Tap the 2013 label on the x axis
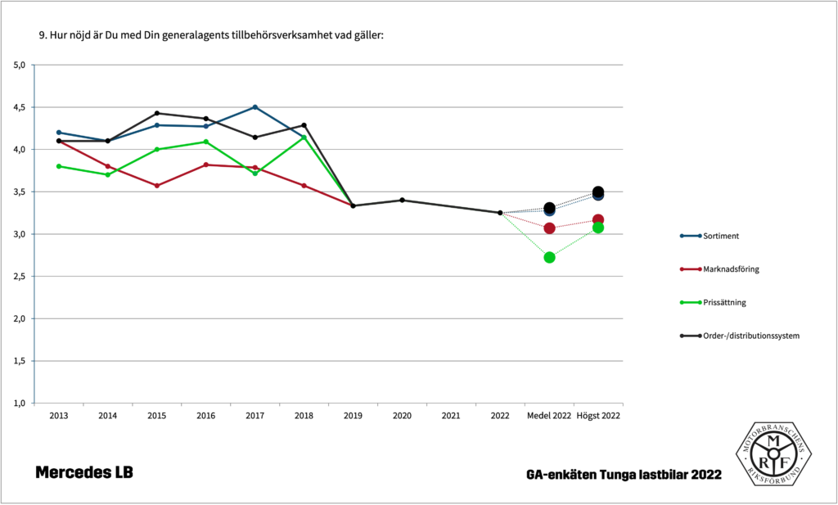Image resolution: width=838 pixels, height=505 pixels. click(x=59, y=416)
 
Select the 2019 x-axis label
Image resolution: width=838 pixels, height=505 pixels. click(x=353, y=416)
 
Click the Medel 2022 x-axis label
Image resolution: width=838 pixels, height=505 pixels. click(x=549, y=416)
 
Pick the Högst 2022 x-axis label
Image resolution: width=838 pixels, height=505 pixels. click(x=598, y=416)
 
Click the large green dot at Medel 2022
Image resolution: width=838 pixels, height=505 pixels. click(x=549, y=257)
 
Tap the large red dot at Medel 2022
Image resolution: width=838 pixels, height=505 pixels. click(x=549, y=228)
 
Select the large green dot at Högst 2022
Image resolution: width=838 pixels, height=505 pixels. click(x=598, y=228)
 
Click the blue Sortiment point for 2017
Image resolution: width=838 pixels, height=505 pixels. click(x=255, y=107)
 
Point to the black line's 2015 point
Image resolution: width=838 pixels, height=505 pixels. click(x=157, y=113)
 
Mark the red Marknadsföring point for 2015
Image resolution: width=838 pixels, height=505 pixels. click(x=157, y=186)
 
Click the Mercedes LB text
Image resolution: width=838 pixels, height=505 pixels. click(x=83, y=473)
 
